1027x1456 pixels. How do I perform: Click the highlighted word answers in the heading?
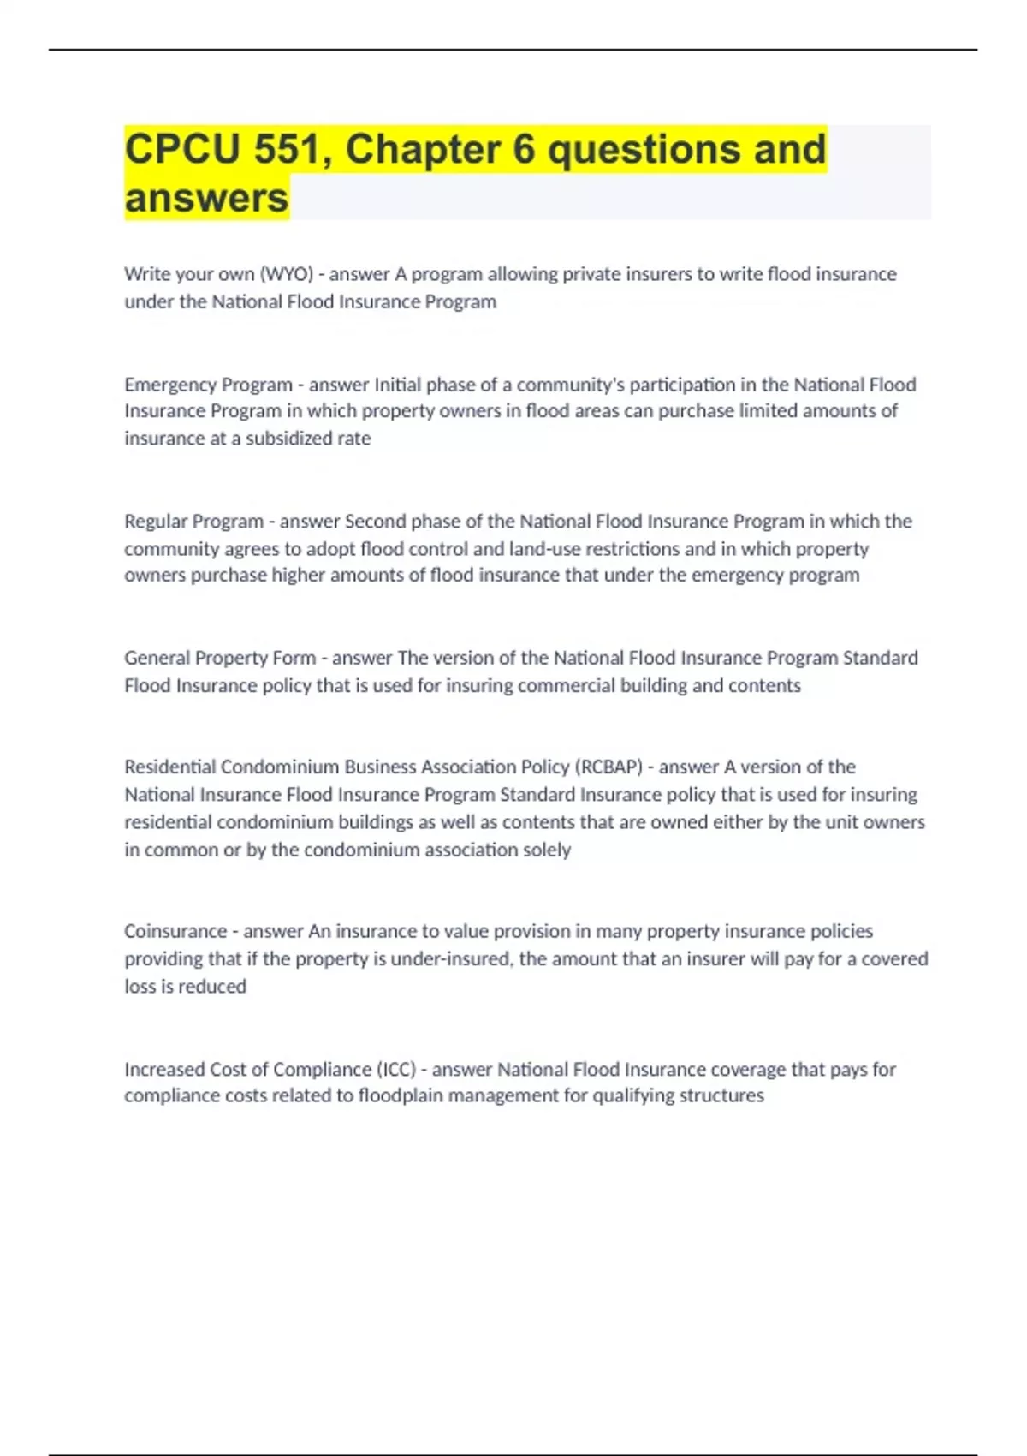tap(206, 198)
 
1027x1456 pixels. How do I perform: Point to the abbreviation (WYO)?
tap(286, 274)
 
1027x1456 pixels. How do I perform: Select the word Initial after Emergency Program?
tap(397, 385)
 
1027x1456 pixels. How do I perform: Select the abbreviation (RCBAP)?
tap(608, 767)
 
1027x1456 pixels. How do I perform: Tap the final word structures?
tap(721, 1095)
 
